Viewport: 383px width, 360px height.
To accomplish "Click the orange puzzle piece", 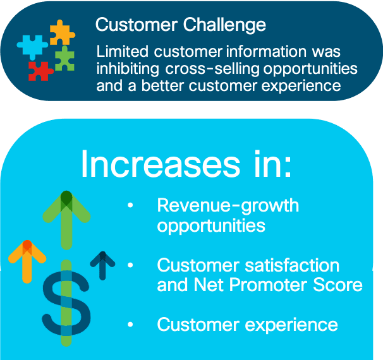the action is coord(61,33).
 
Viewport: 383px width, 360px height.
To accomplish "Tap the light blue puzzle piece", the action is coord(32,46).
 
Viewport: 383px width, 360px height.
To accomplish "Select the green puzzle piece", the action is coord(64,59).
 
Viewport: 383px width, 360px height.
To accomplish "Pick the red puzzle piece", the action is coord(40,71).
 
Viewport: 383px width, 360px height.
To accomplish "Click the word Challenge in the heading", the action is coord(224,25).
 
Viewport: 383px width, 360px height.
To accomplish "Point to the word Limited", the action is coord(123,51).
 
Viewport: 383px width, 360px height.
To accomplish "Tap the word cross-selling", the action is coord(212,69).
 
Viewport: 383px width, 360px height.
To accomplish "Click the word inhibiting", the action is coord(128,69).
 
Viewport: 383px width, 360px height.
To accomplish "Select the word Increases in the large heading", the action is coord(161,164).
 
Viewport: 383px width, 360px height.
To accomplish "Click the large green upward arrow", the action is coord(66,220).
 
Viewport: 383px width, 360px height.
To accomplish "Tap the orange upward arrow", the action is coord(27,261).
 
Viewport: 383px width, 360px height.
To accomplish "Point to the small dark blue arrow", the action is coord(102,265).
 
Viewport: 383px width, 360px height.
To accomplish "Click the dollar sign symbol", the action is coord(66,303).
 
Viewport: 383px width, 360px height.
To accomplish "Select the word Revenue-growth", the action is coord(228,206).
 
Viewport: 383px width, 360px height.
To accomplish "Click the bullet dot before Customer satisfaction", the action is coord(130,265).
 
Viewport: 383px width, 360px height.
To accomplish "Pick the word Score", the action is coord(337,285).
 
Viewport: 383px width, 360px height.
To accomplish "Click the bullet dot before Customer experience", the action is coord(130,325).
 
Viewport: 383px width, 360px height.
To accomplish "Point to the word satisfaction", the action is coord(292,265).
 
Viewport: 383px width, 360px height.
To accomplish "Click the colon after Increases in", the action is coord(288,167).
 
